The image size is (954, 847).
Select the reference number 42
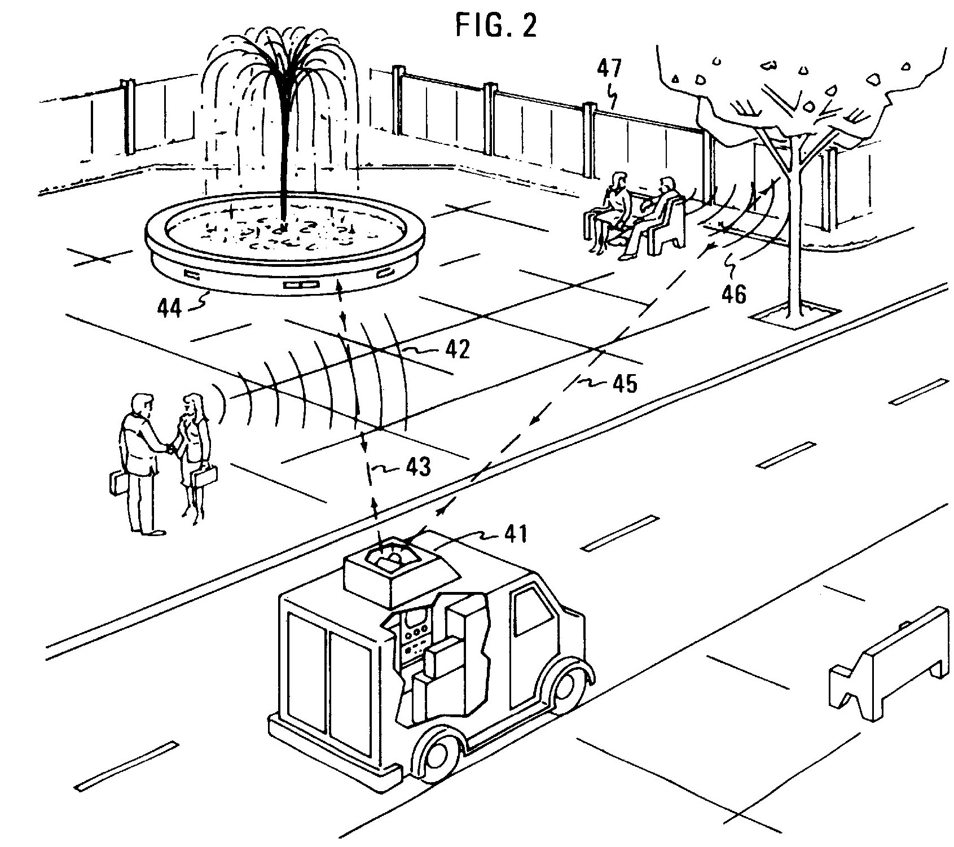tap(456, 350)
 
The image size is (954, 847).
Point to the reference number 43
tap(417, 466)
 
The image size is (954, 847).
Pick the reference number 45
tap(623, 383)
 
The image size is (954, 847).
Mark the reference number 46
tap(733, 293)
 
